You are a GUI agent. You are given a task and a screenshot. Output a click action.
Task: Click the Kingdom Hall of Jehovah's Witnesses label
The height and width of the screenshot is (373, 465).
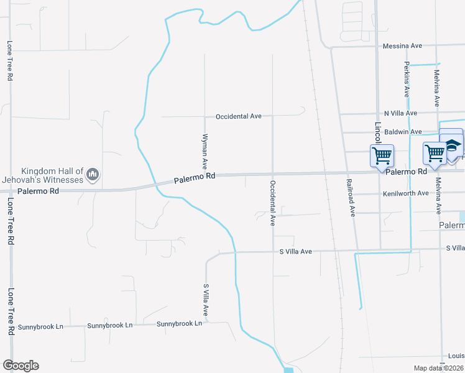(x=52, y=175)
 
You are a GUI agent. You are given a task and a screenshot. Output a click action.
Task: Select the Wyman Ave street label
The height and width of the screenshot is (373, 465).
(x=205, y=152)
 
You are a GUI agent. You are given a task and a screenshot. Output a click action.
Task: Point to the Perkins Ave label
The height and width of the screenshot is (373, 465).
(x=407, y=79)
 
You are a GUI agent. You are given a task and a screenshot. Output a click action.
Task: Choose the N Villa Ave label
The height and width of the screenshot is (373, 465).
(x=400, y=113)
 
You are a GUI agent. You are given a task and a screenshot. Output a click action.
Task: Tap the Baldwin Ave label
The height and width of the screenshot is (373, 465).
(x=403, y=132)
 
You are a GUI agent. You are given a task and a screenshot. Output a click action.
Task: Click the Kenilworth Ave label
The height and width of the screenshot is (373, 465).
(x=405, y=193)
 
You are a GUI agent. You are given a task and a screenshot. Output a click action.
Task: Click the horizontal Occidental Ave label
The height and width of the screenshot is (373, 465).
(x=239, y=116)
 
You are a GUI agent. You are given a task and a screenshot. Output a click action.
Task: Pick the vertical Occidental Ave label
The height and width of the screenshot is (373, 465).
(x=272, y=203)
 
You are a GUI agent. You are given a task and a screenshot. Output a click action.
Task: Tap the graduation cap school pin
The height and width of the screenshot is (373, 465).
(x=452, y=145)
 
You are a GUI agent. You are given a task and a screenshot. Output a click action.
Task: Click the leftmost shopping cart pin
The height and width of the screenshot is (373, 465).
(x=382, y=155)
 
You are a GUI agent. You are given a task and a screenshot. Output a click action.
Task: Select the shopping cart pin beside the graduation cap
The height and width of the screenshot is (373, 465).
(x=435, y=152)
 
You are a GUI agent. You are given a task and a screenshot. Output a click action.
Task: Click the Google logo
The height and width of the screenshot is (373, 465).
(x=21, y=366)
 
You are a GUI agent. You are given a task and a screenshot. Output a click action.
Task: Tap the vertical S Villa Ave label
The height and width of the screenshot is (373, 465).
(x=206, y=302)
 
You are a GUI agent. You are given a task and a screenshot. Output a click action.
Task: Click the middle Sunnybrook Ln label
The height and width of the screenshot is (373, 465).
(x=110, y=325)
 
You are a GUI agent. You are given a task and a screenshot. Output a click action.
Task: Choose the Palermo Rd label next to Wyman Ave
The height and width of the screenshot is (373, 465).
(x=195, y=177)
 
